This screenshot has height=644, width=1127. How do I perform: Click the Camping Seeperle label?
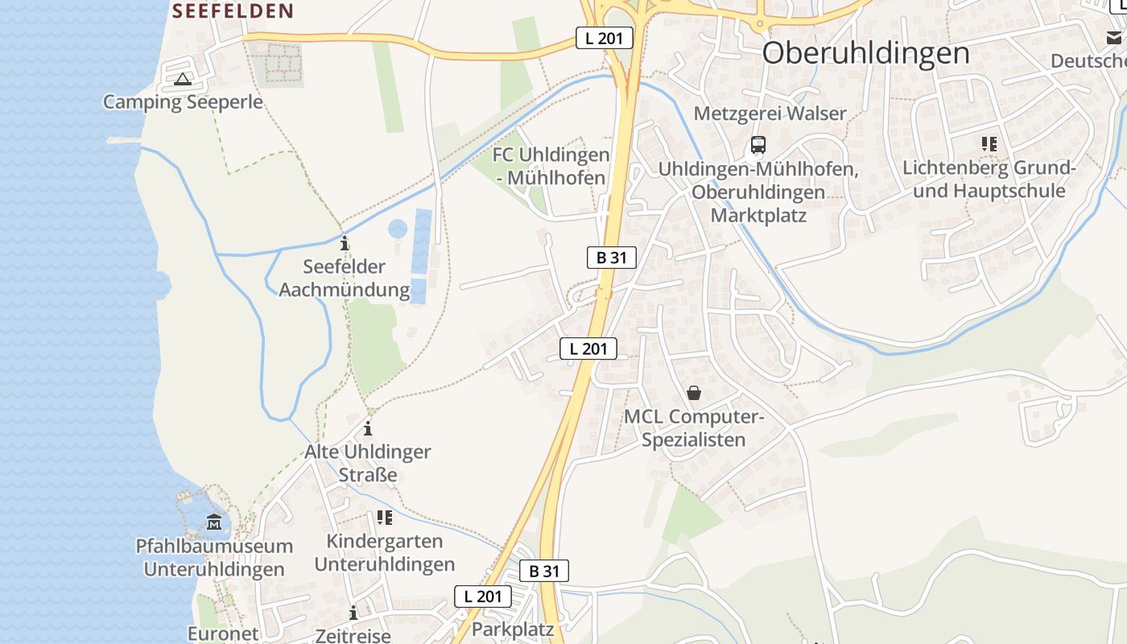pyautogui.click(x=183, y=102)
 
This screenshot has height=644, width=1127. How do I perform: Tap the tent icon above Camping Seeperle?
pyautogui.click(x=183, y=79)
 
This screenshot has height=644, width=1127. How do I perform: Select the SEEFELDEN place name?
pyautogui.click(x=233, y=10)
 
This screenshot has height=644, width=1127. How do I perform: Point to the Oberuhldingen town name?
pyautogui.click(x=865, y=53)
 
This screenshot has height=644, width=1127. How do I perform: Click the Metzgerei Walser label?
pyautogui.click(x=770, y=114)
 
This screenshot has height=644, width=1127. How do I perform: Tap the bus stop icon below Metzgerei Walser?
pyautogui.click(x=758, y=145)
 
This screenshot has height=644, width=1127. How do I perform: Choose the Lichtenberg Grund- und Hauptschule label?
pyautogui.click(x=989, y=180)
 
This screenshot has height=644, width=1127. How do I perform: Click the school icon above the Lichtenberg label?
pyautogui.click(x=989, y=144)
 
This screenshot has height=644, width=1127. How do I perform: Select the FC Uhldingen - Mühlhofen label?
pyautogui.click(x=551, y=166)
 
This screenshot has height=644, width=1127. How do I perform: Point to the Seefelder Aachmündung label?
pyautogui.click(x=344, y=278)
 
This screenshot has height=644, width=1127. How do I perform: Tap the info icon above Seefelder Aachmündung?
pyautogui.click(x=345, y=242)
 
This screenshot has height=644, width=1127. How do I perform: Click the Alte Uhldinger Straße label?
pyautogui.click(x=368, y=463)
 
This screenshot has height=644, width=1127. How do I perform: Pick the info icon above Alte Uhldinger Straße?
pyautogui.click(x=368, y=427)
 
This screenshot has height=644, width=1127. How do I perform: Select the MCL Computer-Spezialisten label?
pyautogui.click(x=694, y=428)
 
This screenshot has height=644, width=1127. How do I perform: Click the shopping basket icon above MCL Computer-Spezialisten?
pyautogui.click(x=693, y=393)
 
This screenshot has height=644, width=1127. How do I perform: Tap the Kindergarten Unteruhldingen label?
pyautogui.click(x=384, y=552)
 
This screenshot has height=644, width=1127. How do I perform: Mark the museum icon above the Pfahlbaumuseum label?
pyautogui.click(x=213, y=523)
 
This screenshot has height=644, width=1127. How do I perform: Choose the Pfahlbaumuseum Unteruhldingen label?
pyautogui.click(x=214, y=558)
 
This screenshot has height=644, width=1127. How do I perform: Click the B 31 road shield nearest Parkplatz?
pyautogui.click(x=544, y=571)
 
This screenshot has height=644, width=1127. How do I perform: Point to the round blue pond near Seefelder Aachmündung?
pyautogui.click(x=398, y=229)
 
